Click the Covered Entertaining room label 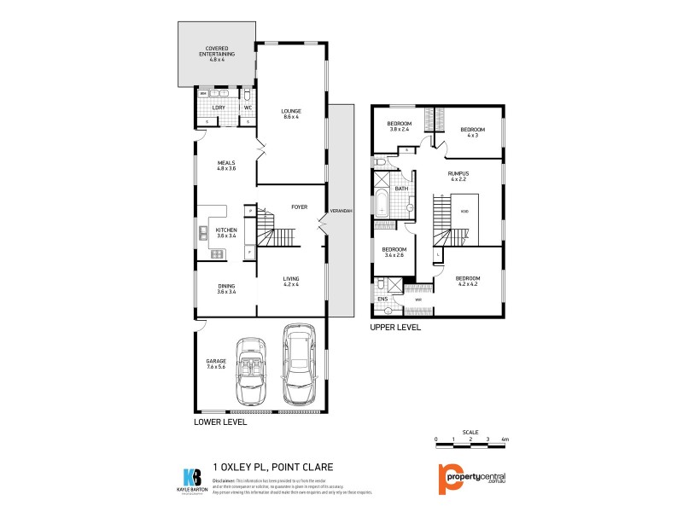[x=216, y=53]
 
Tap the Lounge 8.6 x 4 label [x=292, y=114]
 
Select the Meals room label [x=225, y=166]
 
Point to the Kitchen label [x=225, y=233]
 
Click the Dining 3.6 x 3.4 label [x=225, y=288]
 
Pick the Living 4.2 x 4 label [x=292, y=281]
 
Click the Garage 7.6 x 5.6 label [x=216, y=364]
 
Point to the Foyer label [x=299, y=207]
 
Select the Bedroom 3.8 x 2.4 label [x=400, y=126]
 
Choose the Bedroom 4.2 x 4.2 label [x=468, y=281]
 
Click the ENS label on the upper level [x=382, y=300]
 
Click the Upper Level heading [x=394, y=327]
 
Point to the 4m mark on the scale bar [x=505, y=440]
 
